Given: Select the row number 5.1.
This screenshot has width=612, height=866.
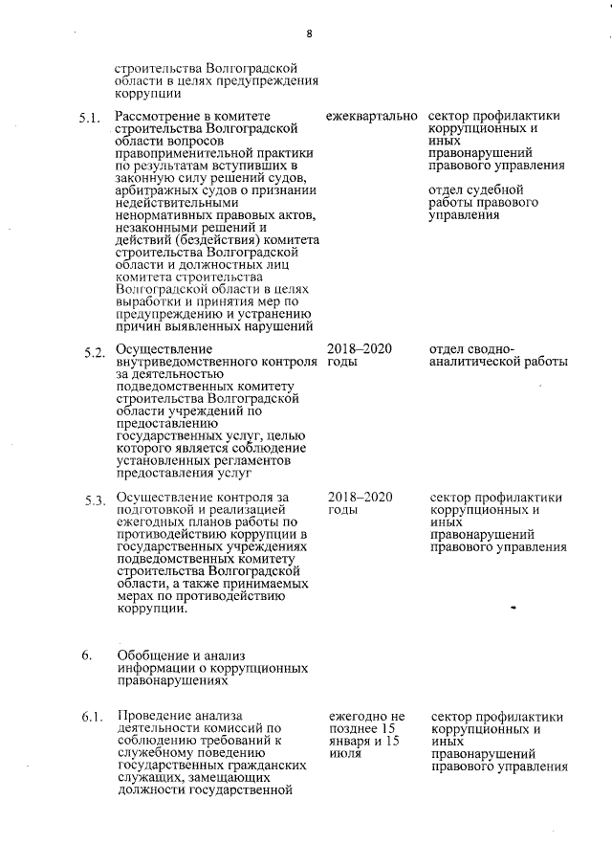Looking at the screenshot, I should (90, 120).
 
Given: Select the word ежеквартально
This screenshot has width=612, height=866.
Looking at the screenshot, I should (371, 117).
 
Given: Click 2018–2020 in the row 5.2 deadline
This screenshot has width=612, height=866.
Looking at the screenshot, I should (360, 349).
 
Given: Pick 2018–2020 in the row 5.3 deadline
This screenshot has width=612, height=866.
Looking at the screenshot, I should (360, 498).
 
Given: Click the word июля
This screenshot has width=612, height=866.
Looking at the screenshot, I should (343, 754).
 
